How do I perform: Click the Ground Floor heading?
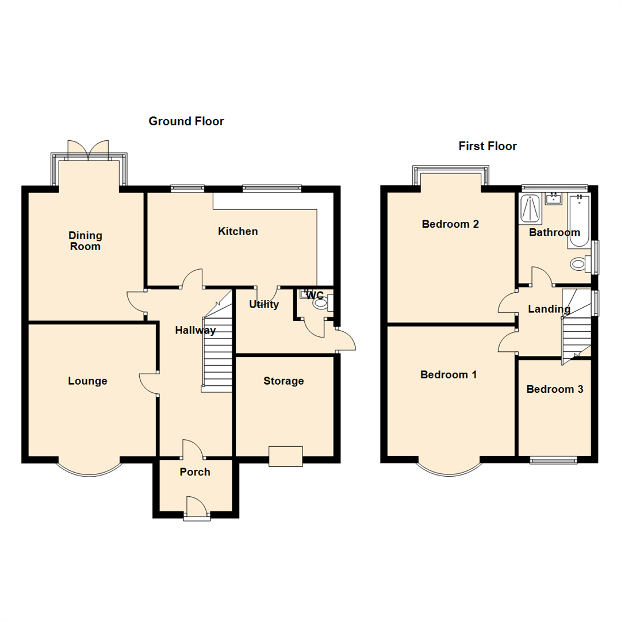(186, 121)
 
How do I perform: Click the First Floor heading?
(488, 146)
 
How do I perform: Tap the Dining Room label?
(85, 241)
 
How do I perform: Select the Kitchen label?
(238, 232)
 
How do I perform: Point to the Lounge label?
(87, 381)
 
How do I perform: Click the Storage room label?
(283, 381)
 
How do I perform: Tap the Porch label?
(195, 472)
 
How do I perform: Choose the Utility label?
(264, 304)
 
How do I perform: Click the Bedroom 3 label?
(555, 389)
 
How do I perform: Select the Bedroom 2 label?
(451, 224)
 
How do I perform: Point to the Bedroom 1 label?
(449, 375)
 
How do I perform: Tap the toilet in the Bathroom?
(578, 264)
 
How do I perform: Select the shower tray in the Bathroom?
(529, 209)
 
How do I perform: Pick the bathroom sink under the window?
(554, 199)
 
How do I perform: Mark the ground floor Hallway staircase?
(217, 351)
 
